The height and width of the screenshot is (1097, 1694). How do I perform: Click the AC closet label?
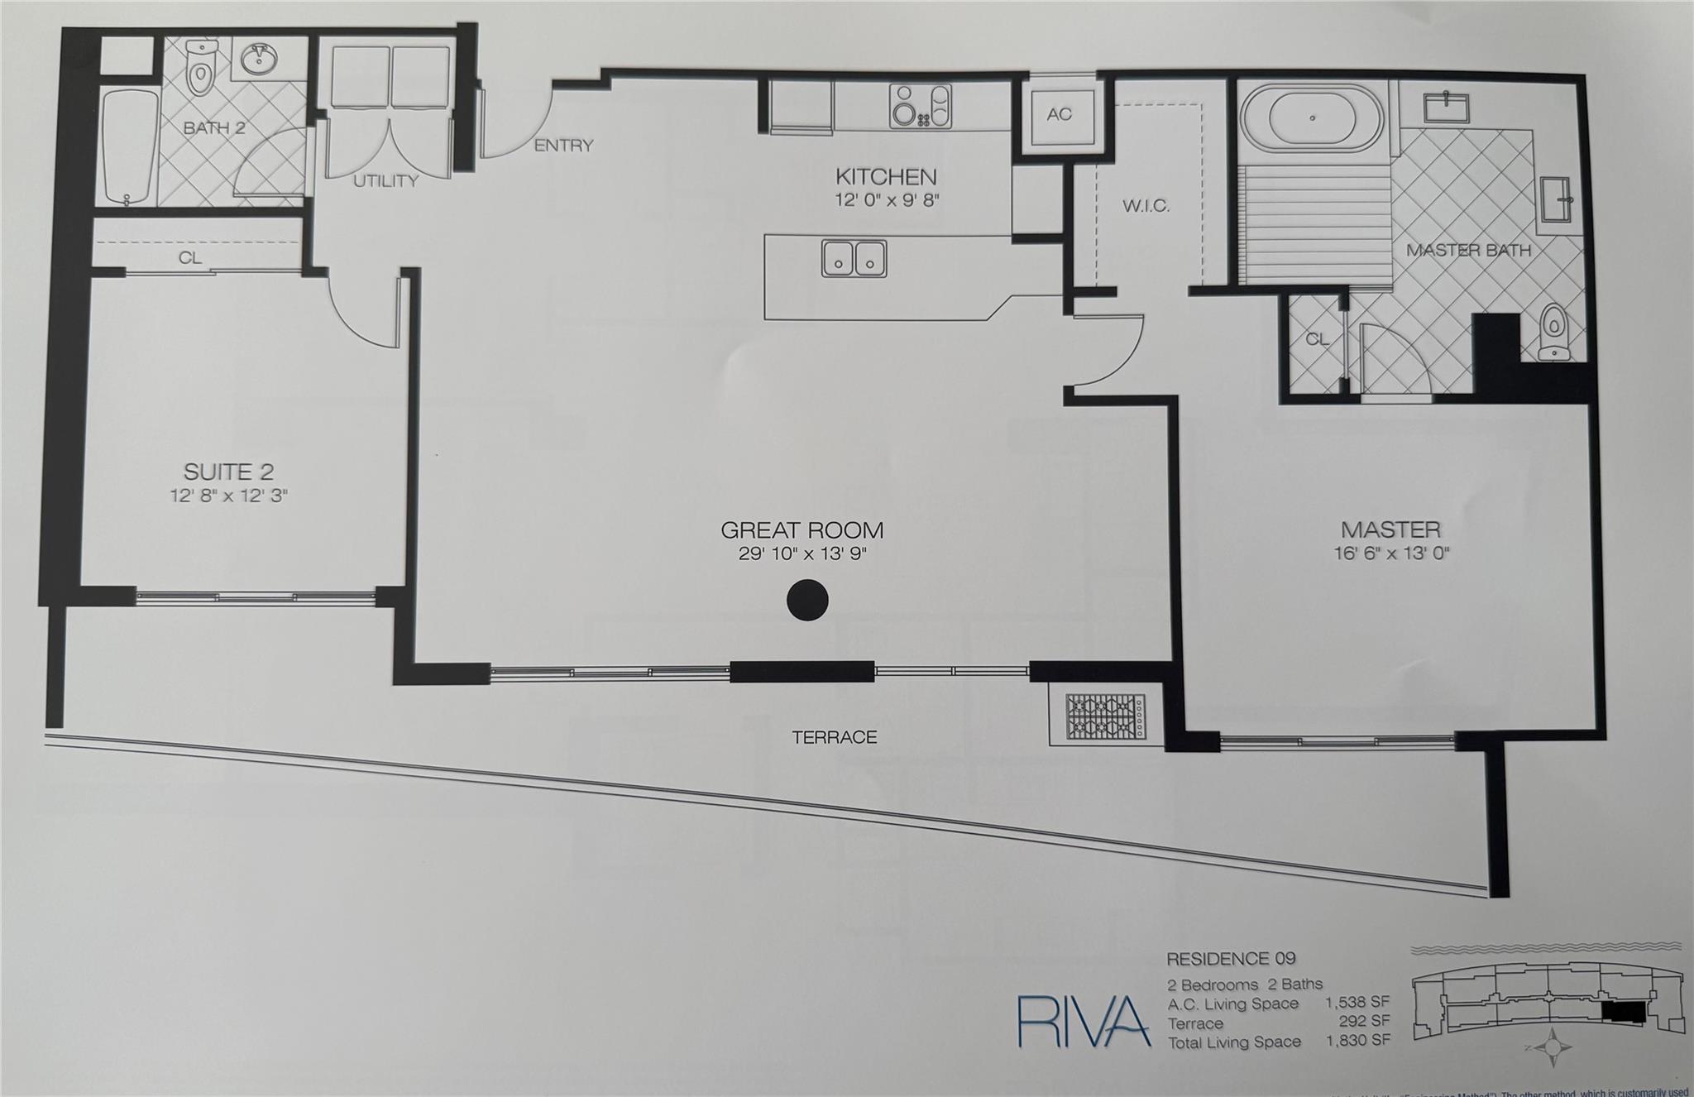(x=1059, y=114)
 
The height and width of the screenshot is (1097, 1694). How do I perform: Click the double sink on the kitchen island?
(x=854, y=258)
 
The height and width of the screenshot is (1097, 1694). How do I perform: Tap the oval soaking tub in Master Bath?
(x=1312, y=118)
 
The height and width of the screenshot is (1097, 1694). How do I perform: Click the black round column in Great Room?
(x=806, y=600)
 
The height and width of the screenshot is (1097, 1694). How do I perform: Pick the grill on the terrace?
(x=1106, y=716)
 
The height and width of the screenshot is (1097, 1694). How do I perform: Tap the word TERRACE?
(x=834, y=737)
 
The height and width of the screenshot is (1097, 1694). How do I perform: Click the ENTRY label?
(x=563, y=146)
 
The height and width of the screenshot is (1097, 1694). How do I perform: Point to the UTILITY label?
(x=385, y=180)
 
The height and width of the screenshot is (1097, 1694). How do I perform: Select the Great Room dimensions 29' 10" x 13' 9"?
(x=802, y=553)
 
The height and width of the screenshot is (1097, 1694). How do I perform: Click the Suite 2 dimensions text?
(x=228, y=496)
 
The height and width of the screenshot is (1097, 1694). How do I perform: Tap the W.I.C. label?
(x=1146, y=206)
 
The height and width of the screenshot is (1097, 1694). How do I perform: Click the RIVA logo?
(x=1084, y=1022)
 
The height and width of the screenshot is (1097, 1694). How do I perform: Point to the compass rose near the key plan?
(x=1552, y=1047)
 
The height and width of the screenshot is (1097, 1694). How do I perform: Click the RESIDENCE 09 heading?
(x=1231, y=959)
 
